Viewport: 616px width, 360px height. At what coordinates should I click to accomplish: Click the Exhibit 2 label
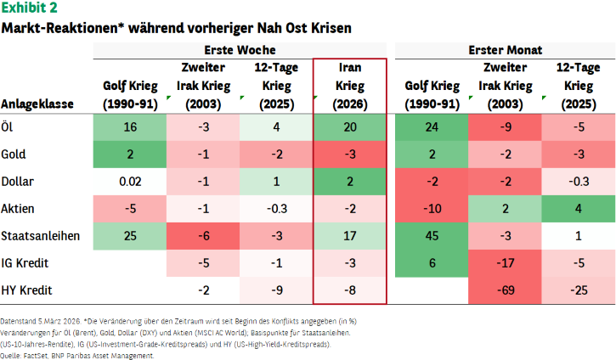pyautogui.click(x=29, y=8)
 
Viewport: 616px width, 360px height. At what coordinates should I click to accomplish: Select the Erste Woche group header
pyautogui.click(x=240, y=50)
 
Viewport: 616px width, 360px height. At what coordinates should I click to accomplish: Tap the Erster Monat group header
pyautogui.click(x=505, y=50)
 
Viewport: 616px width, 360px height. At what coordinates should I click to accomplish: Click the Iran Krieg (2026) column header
pyautogui.click(x=350, y=86)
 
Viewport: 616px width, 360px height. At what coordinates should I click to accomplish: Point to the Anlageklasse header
pyautogui.click(x=37, y=104)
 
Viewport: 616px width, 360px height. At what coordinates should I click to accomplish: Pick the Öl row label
pyautogui.click(x=7, y=127)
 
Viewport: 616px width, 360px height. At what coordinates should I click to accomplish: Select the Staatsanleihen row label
pyautogui.click(x=41, y=236)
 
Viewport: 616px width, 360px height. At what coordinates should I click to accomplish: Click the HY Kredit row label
pyautogui.click(x=26, y=290)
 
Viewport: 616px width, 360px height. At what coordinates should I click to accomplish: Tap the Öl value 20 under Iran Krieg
pyautogui.click(x=350, y=127)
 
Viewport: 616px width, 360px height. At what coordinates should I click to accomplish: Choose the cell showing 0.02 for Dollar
pyautogui.click(x=130, y=182)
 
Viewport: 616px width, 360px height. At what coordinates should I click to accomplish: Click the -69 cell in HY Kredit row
pyautogui.click(x=505, y=290)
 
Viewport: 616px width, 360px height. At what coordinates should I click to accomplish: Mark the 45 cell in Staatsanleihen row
pyautogui.click(x=432, y=236)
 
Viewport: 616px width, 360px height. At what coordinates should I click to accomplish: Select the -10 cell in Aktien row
pyautogui.click(x=432, y=209)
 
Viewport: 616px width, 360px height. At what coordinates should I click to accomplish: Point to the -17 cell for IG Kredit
pyautogui.click(x=505, y=263)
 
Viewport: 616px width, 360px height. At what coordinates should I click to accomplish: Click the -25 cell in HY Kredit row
pyautogui.click(x=579, y=290)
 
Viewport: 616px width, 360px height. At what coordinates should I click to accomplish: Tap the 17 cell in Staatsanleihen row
pyautogui.click(x=350, y=236)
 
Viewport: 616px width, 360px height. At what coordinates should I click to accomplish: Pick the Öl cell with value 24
pyautogui.click(x=432, y=127)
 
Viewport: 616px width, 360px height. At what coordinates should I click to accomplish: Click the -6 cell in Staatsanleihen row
pyautogui.click(x=203, y=236)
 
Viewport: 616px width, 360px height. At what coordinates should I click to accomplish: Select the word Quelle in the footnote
pyautogui.click(x=10, y=356)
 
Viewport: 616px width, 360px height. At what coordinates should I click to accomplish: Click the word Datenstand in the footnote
pyautogui.click(x=18, y=321)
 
